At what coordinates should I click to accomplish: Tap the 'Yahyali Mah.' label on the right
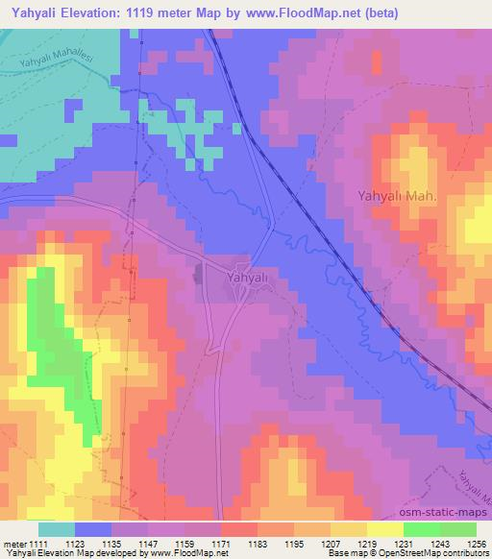[x=397, y=196]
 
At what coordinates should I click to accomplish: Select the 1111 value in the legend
[x=38, y=543]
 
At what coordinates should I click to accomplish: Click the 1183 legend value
[x=258, y=543]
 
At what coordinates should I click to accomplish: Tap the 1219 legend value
[x=366, y=543]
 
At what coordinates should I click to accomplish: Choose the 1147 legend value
[x=149, y=543]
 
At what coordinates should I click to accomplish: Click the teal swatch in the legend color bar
[x=57, y=529]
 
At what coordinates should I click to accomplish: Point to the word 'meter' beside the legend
[x=13, y=543]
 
